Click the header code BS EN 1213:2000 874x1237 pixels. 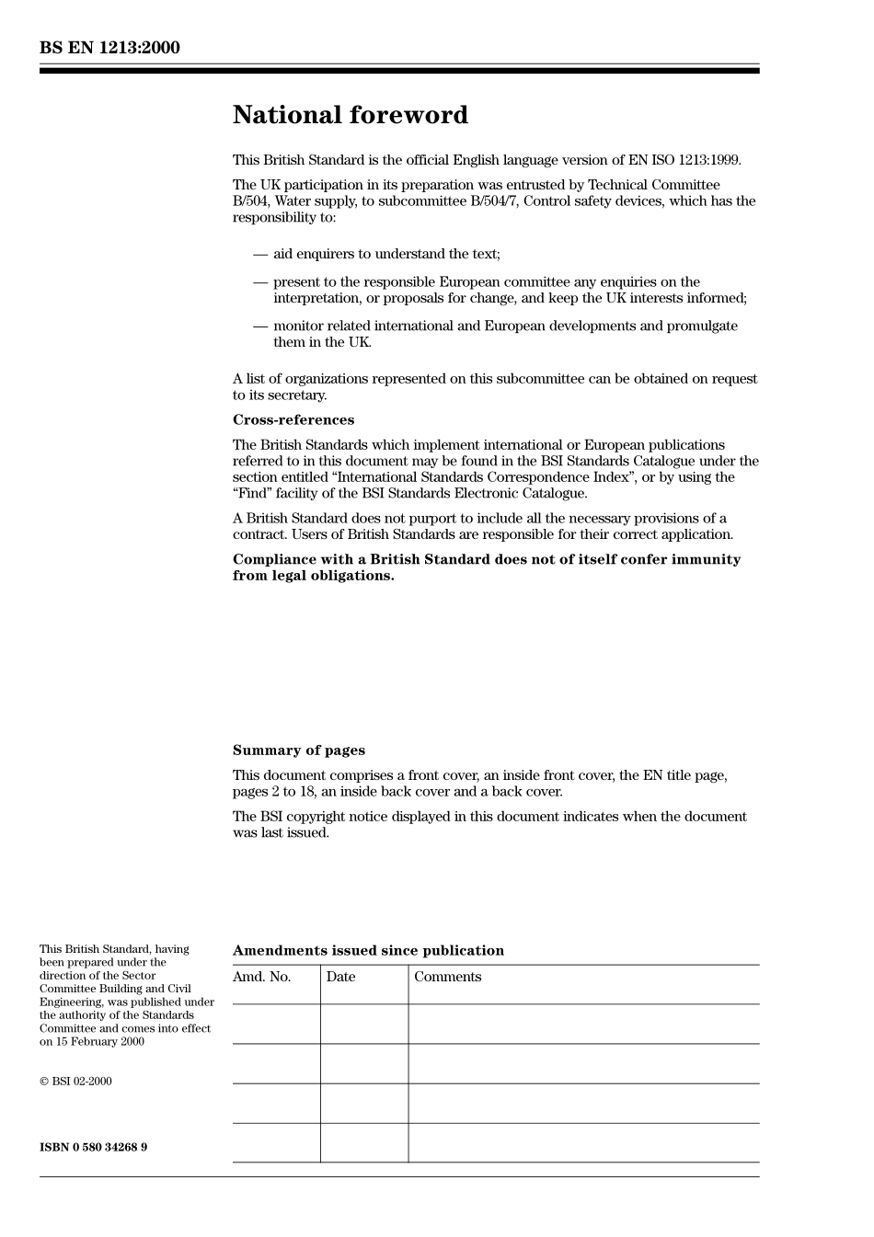(109, 48)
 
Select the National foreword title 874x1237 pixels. (350, 115)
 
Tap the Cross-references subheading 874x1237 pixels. (293, 420)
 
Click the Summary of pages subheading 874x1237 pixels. (298, 750)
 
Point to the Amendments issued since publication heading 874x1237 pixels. (368, 951)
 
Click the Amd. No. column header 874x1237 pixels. (261, 977)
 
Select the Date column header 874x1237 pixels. (340, 977)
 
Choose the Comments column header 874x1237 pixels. (447, 977)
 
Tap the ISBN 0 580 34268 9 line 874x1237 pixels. (93, 1147)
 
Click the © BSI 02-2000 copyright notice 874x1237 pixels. (75, 1082)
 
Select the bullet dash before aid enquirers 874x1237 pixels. (260, 255)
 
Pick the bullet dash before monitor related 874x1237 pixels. (260, 326)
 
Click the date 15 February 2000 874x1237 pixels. (99, 1042)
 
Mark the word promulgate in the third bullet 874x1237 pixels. (704, 326)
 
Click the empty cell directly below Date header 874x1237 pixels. (364, 1024)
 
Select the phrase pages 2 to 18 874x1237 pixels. (273, 792)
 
